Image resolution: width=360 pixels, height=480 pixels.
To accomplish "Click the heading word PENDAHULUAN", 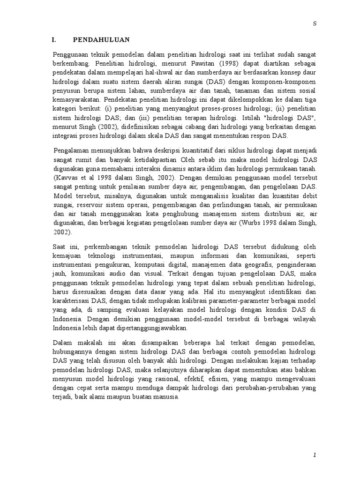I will [x=102, y=40].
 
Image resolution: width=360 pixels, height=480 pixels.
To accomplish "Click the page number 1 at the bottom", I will [x=315, y=455].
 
